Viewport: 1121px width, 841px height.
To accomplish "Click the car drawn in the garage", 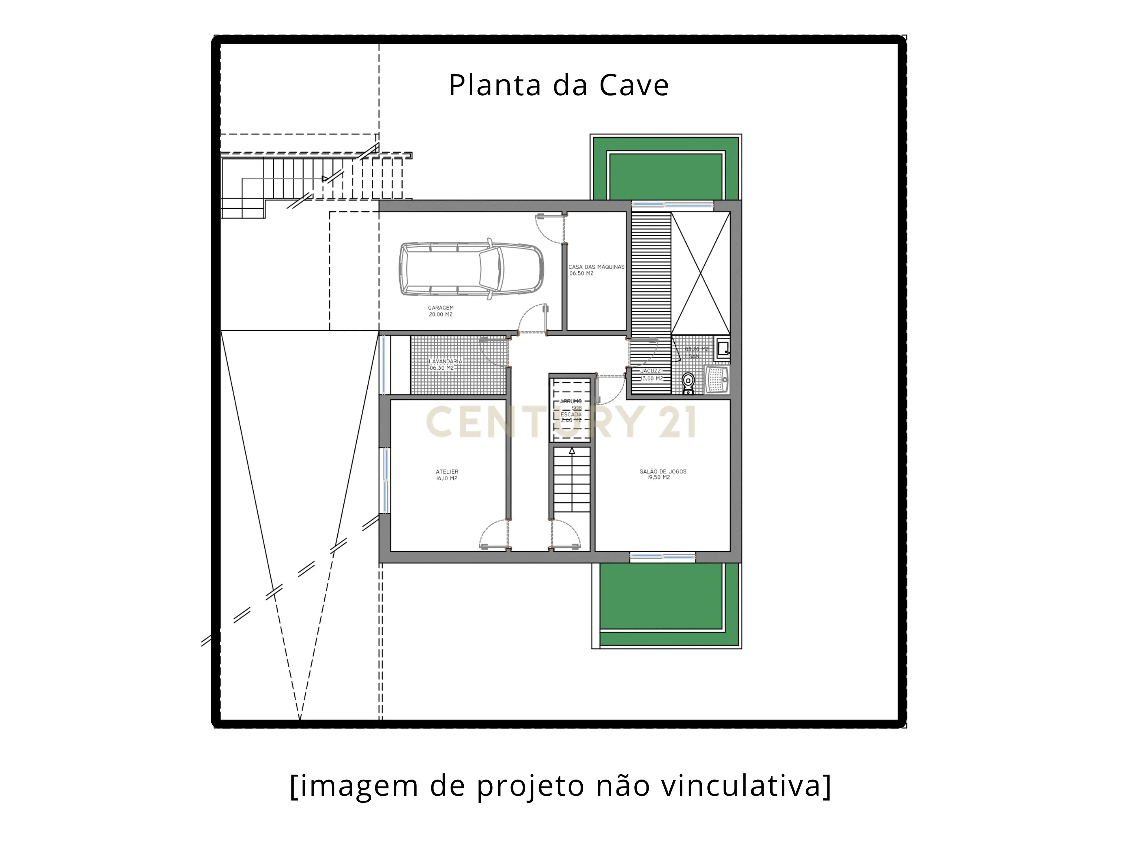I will point(471,269).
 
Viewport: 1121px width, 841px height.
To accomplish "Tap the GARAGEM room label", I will point(440,308).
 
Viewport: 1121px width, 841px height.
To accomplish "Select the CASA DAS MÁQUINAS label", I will point(596,267).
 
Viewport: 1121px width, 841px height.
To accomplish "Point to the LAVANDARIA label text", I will point(446,362).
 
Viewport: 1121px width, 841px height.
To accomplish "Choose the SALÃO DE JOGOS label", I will point(663,471).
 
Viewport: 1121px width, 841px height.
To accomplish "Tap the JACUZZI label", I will point(651,371).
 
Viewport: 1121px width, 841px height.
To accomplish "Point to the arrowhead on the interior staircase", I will point(572,451).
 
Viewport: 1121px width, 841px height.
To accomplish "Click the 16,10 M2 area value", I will point(447,479).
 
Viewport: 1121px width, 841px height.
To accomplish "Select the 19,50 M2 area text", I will point(658,478).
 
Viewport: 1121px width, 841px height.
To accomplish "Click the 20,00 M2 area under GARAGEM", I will point(440,314).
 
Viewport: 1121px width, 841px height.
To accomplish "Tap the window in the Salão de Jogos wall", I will point(663,557).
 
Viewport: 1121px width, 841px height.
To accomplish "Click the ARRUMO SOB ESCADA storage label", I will point(571,410).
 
